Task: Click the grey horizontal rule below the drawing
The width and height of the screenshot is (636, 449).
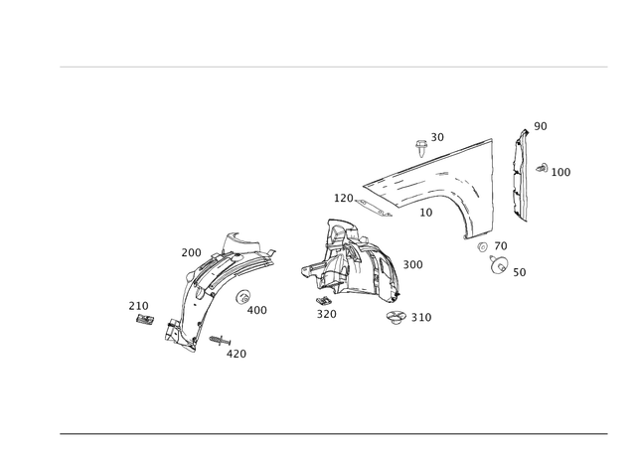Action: click(x=333, y=433)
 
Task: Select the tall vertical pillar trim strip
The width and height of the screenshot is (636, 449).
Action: click(x=518, y=174)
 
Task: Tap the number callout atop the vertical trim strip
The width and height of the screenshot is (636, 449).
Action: click(x=540, y=125)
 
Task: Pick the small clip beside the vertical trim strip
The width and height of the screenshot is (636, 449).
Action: click(x=544, y=169)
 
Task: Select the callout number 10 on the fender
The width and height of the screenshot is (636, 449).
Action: click(x=427, y=212)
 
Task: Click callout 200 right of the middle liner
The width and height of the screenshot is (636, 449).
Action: click(x=412, y=264)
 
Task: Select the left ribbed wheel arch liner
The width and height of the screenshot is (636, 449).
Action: click(x=214, y=288)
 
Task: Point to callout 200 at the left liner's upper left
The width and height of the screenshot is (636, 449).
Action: click(x=191, y=252)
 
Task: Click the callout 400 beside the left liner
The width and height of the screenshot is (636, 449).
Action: click(x=256, y=310)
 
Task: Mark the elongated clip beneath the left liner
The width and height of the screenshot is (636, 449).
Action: click(x=217, y=343)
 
